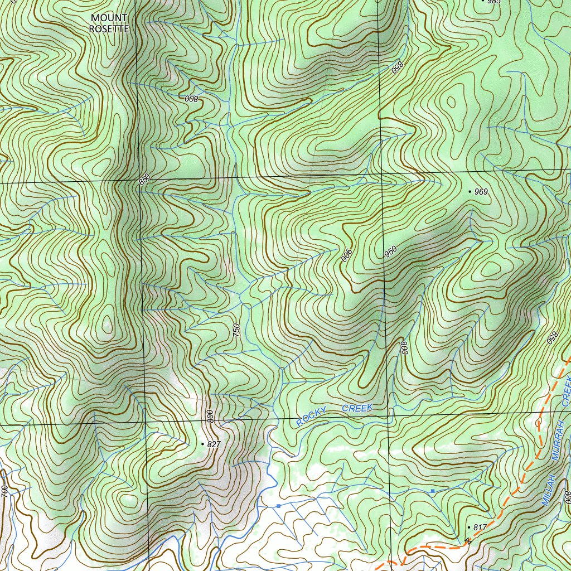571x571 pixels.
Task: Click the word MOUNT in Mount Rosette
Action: [109, 18]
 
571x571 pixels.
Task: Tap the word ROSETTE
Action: [109, 28]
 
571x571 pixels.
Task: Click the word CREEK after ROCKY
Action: [357, 409]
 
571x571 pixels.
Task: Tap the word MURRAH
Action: [559, 441]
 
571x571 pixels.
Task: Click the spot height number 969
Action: [481, 192]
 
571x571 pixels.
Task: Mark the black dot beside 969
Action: [470, 191]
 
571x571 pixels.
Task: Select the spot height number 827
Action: [214, 444]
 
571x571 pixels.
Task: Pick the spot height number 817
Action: [480, 528]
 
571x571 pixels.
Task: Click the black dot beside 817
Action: [468, 527]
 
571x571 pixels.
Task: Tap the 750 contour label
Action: [236, 330]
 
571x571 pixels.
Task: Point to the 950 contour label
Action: [391, 252]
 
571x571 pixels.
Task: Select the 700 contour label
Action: [4, 492]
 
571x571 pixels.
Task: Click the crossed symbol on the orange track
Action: [468, 540]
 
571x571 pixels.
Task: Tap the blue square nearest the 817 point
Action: [432, 491]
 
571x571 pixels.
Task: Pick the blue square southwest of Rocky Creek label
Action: [278, 506]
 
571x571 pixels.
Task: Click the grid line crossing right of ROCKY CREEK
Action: [388, 415]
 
